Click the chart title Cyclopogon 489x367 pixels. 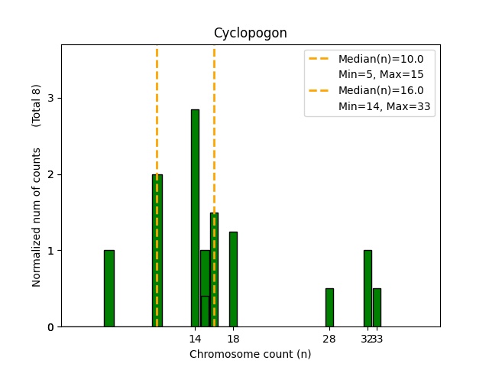[250, 33]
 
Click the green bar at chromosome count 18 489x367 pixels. [233, 279]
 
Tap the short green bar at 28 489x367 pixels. [329, 307]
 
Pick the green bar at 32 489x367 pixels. [368, 288]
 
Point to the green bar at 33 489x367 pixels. [377, 307]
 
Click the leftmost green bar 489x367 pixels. [109, 288]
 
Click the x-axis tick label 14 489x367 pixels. [195, 339]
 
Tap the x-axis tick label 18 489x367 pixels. [233, 339]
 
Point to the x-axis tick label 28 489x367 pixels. [329, 339]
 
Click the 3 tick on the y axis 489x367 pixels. [50, 98]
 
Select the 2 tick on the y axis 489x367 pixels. [50, 174]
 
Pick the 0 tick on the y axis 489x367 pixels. [50, 327]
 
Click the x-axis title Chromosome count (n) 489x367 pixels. [250, 354]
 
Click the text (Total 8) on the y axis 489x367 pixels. [37, 106]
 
